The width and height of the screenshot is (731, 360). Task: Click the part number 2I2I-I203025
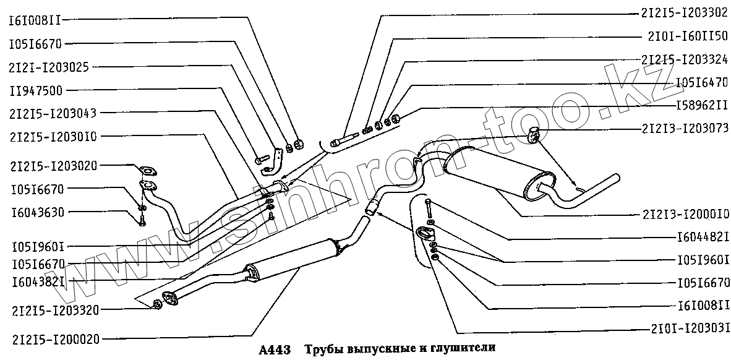click(x=48, y=67)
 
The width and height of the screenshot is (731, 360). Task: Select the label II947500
click(x=35, y=90)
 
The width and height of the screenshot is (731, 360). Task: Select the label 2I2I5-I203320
click(x=55, y=309)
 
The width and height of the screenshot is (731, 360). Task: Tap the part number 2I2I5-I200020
click(x=55, y=338)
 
